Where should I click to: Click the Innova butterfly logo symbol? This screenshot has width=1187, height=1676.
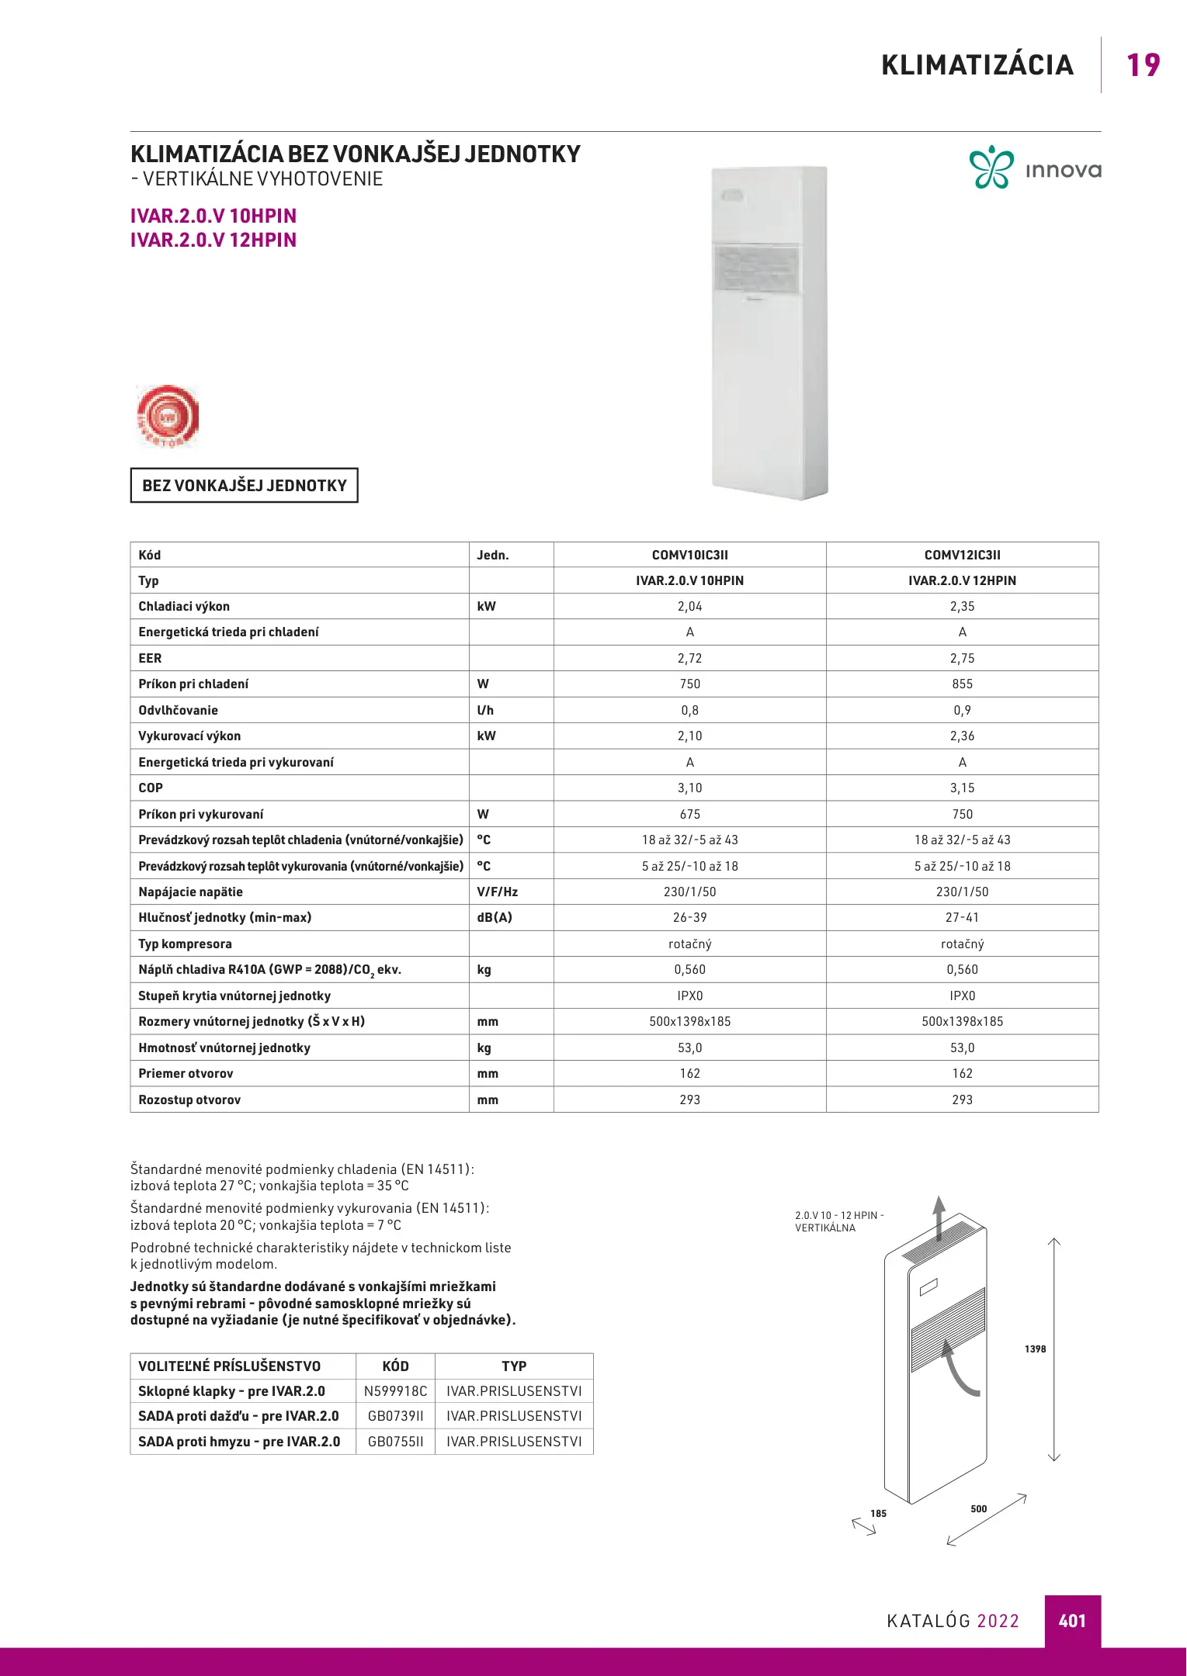click(x=991, y=168)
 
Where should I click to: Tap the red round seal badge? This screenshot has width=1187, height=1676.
click(x=168, y=416)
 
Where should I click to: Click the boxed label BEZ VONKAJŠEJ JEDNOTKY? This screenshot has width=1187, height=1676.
click(x=244, y=486)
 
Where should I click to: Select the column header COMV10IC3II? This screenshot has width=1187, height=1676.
click(x=689, y=555)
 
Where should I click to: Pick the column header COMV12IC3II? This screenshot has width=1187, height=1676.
click(x=962, y=555)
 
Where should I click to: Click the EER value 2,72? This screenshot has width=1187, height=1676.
click(x=689, y=659)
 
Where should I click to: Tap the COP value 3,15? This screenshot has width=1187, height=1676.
click(x=962, y=788)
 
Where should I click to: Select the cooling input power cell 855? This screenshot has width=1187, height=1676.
click(x=962, y=684)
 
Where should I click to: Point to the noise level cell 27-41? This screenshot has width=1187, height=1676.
click(x=962, y=918)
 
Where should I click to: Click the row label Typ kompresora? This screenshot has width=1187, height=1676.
click(x=185, y=944)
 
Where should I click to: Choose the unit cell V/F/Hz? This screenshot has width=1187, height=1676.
click(x=497, y=892)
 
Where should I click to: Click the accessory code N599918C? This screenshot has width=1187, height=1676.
click(x=395, y=1391)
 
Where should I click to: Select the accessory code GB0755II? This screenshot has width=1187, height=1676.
click(x=395, y=1442)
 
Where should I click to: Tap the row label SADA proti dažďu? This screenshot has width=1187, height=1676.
click(x=238, y=1416)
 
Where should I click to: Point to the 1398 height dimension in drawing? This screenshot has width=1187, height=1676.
click(x=1035, y=1349)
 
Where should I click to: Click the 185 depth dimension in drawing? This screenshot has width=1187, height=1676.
click(x=878, y=1513)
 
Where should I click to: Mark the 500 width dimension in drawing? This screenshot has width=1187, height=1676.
click(x=978, y=1508)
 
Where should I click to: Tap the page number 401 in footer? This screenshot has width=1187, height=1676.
click(x=1072, y=1621)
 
